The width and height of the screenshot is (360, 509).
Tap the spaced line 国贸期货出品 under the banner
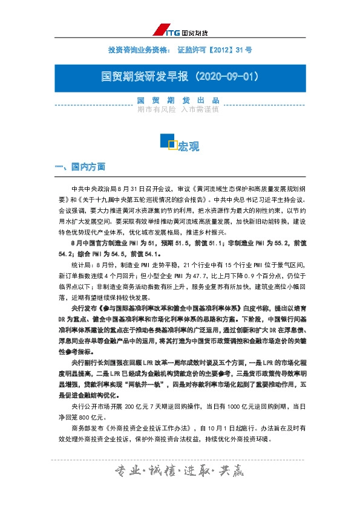(178, 100)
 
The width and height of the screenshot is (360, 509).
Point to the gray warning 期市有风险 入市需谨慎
(178, 110)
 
